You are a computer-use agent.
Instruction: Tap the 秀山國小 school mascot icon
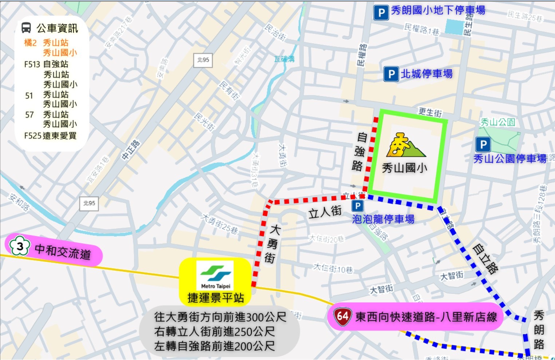(x=405, y=145)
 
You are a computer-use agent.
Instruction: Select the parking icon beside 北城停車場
(x=391, y=74)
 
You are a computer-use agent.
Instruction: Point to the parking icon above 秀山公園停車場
(x=483, y=145)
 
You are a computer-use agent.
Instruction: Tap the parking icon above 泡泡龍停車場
(x=357, y=206)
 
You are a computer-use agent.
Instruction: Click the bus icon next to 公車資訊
(x=26, y=28)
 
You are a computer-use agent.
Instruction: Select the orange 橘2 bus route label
(x=31, y=43)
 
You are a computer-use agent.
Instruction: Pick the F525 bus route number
(x=33, y=136)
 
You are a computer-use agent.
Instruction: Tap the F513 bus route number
(x=32, y=64)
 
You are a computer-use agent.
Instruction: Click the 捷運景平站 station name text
(x=215, y=298)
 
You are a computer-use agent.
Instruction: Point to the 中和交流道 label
(x=63, y=251)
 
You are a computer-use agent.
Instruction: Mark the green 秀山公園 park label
(x=497, y=122)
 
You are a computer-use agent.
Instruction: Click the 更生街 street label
(x=430, y=112)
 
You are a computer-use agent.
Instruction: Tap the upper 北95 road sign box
(x=203, y=60)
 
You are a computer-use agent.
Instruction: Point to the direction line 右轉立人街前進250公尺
(x=214, y=332)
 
